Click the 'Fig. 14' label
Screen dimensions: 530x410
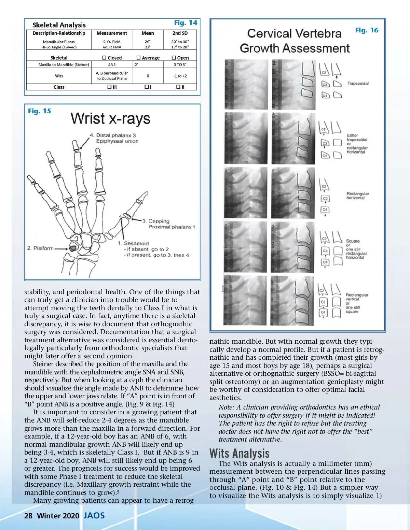186,23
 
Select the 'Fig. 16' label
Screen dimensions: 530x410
367,30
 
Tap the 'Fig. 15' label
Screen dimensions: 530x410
39,111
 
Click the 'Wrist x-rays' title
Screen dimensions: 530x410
110,119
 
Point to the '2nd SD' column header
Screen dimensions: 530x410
180,33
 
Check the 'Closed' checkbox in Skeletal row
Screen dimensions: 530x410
105,58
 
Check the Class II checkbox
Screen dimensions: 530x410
178,87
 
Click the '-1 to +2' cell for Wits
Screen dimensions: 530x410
180,76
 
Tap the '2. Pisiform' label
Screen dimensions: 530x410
40,248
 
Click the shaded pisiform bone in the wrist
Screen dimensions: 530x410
72,248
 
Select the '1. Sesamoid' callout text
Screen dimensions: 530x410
133,243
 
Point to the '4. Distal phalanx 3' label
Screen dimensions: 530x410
113,135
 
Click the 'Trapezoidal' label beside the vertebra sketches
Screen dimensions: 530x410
358,83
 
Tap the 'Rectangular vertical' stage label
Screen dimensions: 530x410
357,297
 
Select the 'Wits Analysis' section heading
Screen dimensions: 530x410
240,453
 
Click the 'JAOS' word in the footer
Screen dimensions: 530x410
94,515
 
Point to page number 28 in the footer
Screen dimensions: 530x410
28,516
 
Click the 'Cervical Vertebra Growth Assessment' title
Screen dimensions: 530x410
295,41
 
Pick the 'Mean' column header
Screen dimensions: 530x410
148,33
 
